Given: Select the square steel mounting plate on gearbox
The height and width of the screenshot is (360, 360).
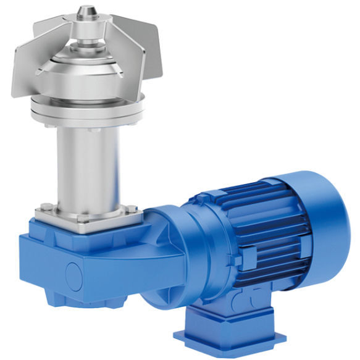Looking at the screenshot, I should (x=86, y=216).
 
